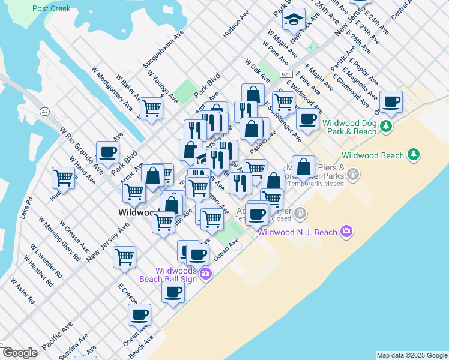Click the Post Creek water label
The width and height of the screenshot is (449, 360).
coord(52,8)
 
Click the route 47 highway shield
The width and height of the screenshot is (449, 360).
coord(44,112)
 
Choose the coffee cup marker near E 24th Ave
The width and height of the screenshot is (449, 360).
coord(391,102)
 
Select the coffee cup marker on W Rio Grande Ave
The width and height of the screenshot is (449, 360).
coord(108,152)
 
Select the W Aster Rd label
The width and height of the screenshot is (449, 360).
coord(22,293)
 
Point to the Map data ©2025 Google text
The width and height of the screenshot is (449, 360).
coord(411,355)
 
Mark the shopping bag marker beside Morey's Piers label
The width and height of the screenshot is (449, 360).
coord(304,166)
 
